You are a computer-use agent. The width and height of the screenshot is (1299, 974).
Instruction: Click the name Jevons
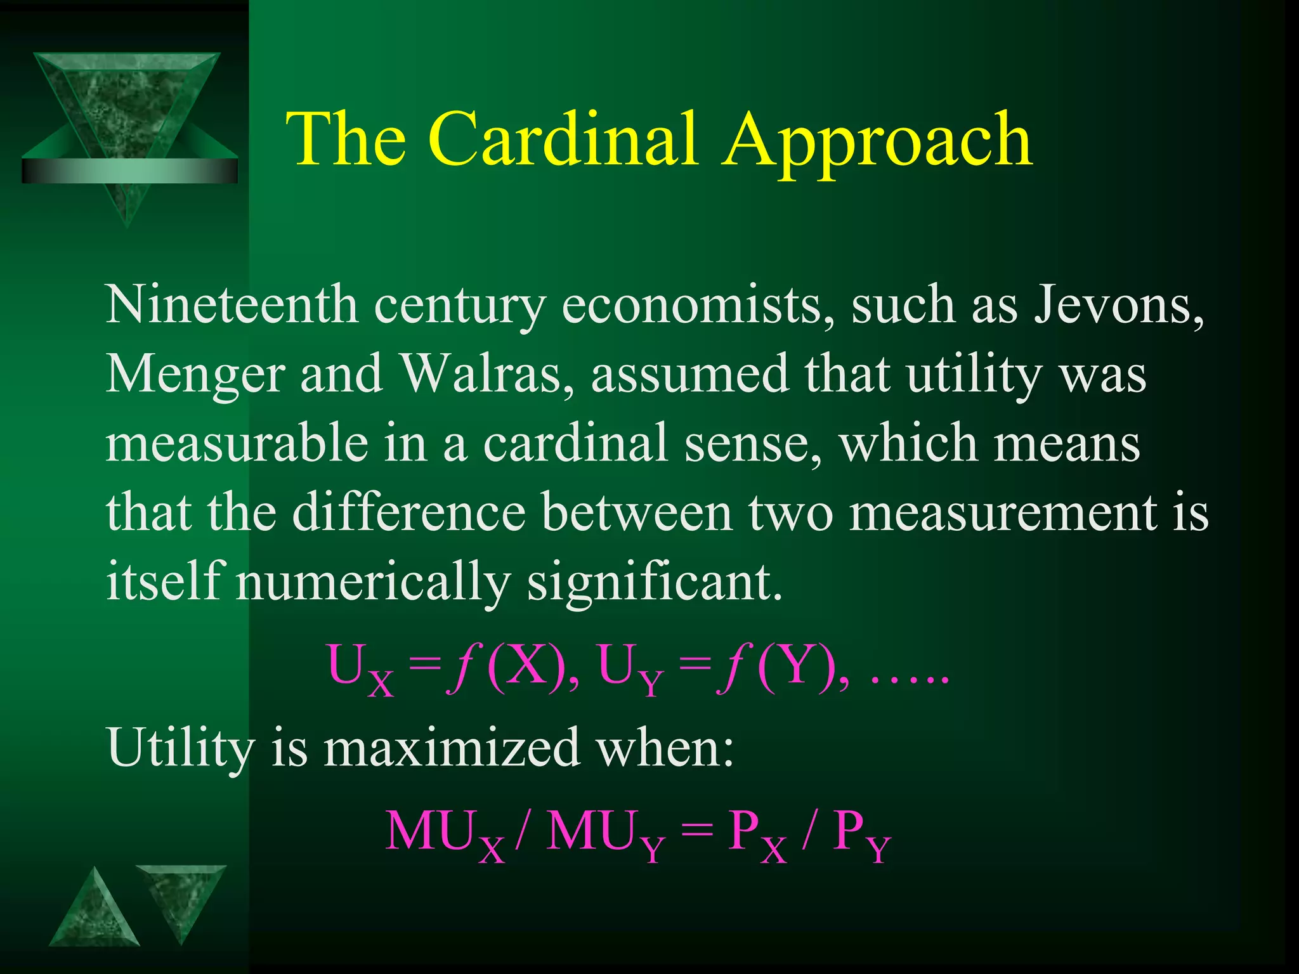click(x=1118, y=306)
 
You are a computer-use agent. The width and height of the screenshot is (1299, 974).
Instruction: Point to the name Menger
click(x=195, y=375)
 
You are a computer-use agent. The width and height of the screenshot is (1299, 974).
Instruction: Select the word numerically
click(x=373, y=582)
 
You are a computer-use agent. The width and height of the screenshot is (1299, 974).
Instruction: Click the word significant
click(x=655, y=582)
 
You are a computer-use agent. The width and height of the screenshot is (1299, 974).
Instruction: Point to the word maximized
click(x=452, y=747)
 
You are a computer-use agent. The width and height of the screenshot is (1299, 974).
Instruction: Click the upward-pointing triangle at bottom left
click(x=95, y=910)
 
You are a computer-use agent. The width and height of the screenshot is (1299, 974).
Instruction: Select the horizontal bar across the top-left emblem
click(x=129, y=171)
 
